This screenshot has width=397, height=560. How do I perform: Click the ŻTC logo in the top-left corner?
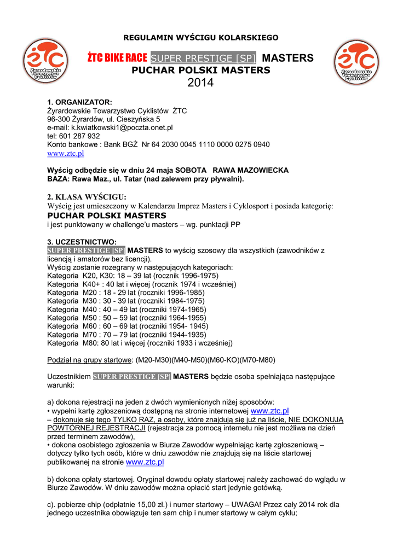[45, 61]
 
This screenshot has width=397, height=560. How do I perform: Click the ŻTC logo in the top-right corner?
[357, 62]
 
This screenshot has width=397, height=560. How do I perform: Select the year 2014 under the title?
[200, 83]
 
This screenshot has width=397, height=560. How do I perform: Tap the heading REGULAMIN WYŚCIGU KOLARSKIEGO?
[201, 38]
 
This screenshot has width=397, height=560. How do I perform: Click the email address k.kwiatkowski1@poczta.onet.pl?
[110, 127]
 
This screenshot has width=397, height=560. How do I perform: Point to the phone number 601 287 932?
[79, 136]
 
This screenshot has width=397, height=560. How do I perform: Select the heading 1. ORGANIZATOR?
[79, 102]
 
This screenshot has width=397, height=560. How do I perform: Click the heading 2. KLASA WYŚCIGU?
[87, 197]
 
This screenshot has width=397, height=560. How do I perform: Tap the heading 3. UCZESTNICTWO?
[82, 241]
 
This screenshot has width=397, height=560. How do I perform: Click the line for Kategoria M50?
[126, 317]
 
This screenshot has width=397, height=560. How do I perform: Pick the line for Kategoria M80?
[140, 343]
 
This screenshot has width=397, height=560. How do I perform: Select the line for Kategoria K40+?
[141, 284]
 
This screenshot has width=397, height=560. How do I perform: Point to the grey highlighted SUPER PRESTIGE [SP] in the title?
[203, 59]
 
